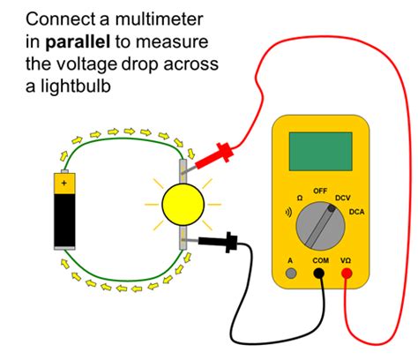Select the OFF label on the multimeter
click(x=320, y=190)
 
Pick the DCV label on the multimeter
click(x=347, y=198)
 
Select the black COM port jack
click(x=318, y=274)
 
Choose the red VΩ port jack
click(x=347, y=274)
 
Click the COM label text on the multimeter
click(x=318, y=261)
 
